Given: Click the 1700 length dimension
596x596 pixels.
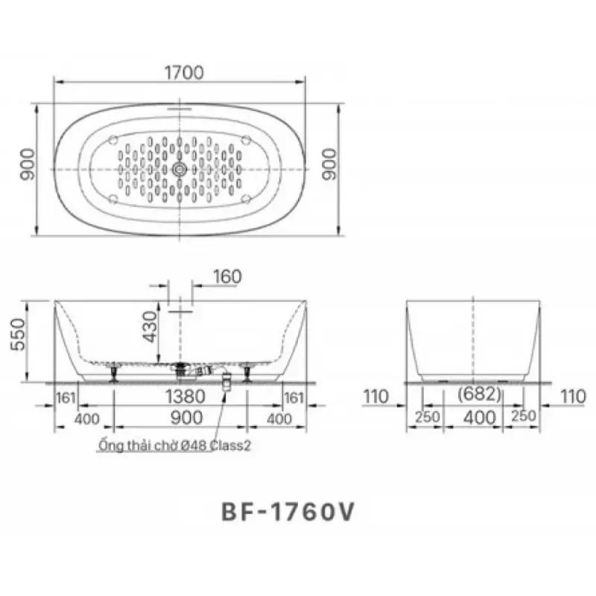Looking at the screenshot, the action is (184, 72).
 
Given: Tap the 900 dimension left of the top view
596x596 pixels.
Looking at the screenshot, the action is (28, 164).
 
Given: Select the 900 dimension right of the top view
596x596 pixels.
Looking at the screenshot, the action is (329, 164).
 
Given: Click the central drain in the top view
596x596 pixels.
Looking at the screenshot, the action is (180, 170).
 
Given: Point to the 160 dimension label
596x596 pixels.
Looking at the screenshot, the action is (227, 276).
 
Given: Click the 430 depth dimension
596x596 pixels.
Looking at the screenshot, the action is (150, 326).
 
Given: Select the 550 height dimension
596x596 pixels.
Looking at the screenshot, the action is (18, 335).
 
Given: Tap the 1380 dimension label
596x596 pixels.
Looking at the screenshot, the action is (185, 396).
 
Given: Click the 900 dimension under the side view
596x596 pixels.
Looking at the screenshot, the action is (186, 418).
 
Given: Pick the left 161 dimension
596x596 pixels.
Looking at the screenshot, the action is (66, 398).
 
